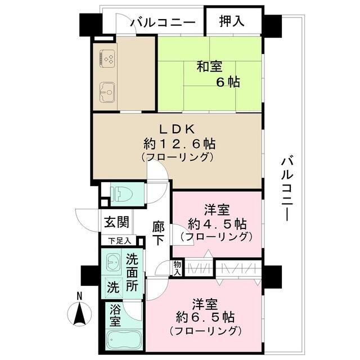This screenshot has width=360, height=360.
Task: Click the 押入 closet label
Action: tap(232, 22)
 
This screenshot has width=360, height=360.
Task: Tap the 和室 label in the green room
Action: tap(209, 66)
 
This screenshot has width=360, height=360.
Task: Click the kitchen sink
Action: tap(109, 90)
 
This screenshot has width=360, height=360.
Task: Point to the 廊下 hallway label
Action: tap(158, 232)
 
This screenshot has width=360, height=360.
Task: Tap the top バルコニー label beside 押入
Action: tap(163, 22)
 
